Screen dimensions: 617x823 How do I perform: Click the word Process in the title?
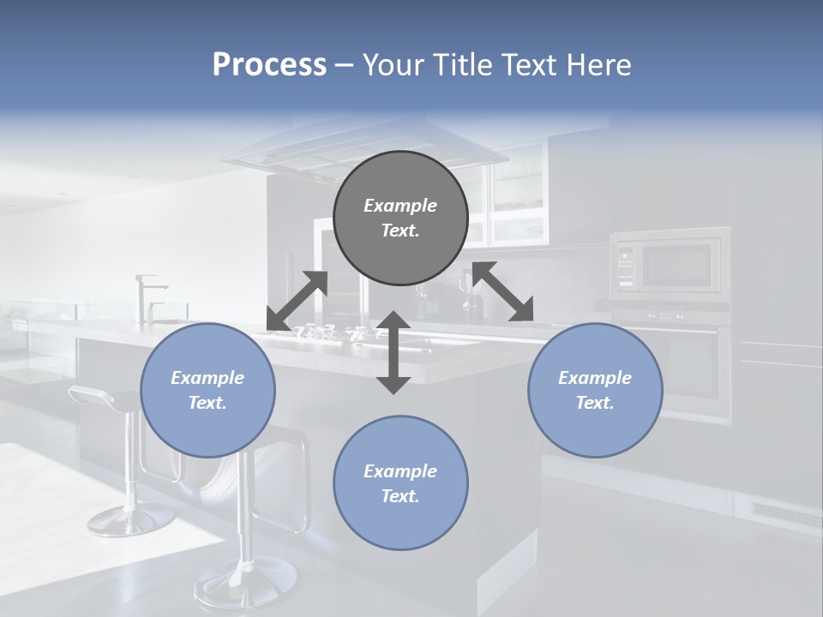coord(269,65)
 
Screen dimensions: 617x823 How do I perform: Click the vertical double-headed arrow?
coord(393,352)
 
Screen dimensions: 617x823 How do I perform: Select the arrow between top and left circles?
coord(297,301)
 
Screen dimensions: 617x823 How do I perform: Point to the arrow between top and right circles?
coord(502,291)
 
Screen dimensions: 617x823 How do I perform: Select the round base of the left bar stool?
coord(131,518)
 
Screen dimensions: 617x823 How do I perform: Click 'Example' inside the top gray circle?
coord(400,206)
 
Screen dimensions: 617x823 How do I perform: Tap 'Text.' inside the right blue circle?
coord(595,403)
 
